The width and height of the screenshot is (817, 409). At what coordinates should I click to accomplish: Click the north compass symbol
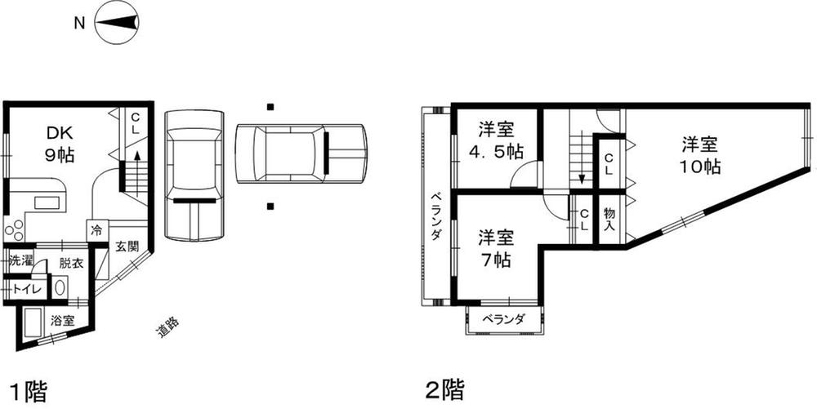pos(117,24)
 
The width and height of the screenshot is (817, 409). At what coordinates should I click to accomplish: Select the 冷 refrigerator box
pos(97,231)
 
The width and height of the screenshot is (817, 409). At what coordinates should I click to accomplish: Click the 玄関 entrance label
pos(126,246)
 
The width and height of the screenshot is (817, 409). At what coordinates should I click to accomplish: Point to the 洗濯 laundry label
pos(20,262)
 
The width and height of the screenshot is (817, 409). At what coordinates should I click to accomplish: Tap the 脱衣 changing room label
pos(70,264)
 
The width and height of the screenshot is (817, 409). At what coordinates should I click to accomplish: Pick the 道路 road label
pos(167,327)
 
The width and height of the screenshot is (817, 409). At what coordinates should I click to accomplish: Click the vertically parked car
pos(194,175)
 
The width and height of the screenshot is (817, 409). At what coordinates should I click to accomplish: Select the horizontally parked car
pos(301,153)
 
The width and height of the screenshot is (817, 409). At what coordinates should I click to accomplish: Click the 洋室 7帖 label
pos(496,248)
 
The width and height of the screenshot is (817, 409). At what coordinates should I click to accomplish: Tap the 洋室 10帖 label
pos(700,156)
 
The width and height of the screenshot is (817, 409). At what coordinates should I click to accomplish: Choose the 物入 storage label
pos(609,218)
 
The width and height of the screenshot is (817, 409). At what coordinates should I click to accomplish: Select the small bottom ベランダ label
pos(502,319)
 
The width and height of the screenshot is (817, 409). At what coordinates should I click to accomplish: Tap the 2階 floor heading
pos(444,389)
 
